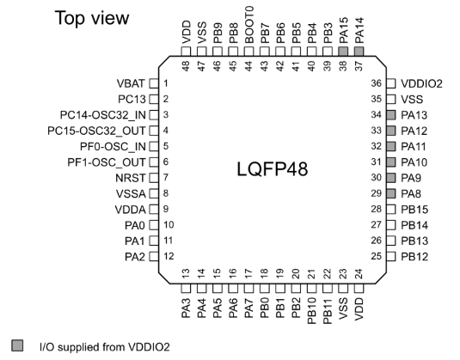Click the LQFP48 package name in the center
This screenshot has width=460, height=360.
coord(273,169)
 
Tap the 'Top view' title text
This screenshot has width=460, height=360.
coord(92,18)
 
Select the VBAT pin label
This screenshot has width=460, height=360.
coord(131,83)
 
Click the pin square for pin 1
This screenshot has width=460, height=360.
coord(154,83)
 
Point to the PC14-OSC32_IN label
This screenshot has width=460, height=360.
coord(102,115)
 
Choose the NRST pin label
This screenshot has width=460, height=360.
coord(131,178)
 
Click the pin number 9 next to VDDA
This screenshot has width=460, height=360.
coord(166,209)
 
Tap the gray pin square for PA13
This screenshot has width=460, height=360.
coord(391,115)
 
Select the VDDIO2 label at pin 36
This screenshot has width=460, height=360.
coord(421,84)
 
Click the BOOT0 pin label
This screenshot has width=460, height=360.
coord(248,25)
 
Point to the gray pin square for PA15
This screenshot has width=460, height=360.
coord(343,52)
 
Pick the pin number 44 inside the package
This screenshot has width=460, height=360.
coord(248,66)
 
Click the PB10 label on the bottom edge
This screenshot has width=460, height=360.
coord(311,311)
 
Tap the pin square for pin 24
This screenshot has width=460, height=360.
coord(359,289)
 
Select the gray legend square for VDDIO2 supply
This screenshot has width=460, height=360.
coord(17,345)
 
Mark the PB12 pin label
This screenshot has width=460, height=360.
coord(414,257)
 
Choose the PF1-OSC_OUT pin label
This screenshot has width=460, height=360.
coord(107,162)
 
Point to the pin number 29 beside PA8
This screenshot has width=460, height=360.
coord(377,193)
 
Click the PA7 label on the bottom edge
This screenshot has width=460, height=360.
coord(248,308)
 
